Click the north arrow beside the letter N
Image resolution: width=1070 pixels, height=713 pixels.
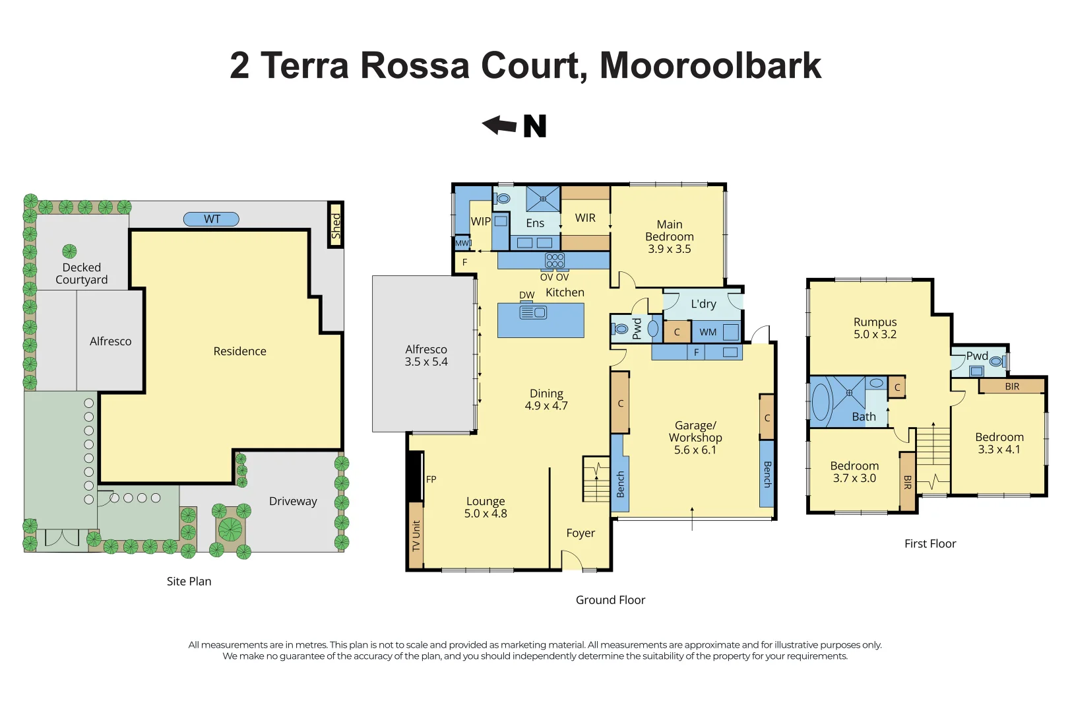tap(499, 125)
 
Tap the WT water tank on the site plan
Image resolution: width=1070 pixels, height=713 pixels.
tap(211, 219)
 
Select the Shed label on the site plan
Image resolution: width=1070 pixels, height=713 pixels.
tap(336, 226)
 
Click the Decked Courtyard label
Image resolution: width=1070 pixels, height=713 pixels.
tap(82, 273)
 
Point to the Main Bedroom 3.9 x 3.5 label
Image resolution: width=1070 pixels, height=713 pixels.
tap(669, 237)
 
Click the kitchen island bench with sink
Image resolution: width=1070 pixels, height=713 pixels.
tap(540, 320)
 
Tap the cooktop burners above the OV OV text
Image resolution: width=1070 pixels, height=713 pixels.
tap(555, 261)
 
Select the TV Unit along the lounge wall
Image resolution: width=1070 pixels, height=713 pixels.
tap(416, 535)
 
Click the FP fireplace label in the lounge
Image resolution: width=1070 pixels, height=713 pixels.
tap(431, 480)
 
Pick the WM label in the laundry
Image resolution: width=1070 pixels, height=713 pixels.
tap(708, 332)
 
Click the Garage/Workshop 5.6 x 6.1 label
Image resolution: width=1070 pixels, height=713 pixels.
tap(695, 438)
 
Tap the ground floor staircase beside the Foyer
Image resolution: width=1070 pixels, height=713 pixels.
tap(596, 479)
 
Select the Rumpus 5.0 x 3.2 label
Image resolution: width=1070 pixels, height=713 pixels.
tap(875, 328)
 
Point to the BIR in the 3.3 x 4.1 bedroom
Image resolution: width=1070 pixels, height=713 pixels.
tap(1012, 386)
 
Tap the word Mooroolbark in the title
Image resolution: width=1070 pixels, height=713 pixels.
tap(710, 66)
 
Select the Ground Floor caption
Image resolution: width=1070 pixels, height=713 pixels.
tap(610, 600)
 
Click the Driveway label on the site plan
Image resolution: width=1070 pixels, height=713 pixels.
tap(293, 501)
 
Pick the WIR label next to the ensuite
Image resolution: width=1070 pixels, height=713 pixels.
tap(585, 218)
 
